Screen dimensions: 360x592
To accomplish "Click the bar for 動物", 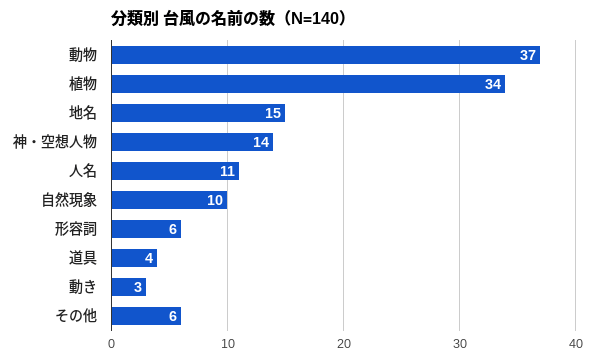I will tap(325, 55).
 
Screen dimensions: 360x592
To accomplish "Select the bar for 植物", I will tap(308, 84).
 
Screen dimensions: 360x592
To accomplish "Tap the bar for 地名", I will tap(198, 113).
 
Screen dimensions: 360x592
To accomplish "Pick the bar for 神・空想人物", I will tap(192, 142).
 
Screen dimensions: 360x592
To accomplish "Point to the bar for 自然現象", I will tap(169, 200).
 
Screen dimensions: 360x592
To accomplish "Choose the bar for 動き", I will tap(128, 287).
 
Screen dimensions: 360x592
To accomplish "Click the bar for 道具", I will tap(134, 258).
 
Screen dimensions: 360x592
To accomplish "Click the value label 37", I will tap(528, 55).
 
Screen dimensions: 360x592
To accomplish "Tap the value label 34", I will tap(493, 84).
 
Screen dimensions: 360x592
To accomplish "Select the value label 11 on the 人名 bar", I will tap(227, 171).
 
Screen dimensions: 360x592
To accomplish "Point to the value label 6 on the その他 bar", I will tap(173, 316).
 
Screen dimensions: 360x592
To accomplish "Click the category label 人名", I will tap(83, 171).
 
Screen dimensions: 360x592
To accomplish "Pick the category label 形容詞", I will tap(76, 229).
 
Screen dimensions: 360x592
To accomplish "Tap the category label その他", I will tap(76, 316).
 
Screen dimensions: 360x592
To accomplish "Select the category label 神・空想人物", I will tap(55, 142).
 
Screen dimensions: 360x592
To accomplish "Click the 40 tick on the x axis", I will tap(576, 344).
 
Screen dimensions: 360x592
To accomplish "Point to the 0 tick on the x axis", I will tap(111, 344).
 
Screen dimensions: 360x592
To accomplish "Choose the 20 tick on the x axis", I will tap(344, 344).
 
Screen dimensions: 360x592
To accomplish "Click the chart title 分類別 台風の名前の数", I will tap(188, 19).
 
